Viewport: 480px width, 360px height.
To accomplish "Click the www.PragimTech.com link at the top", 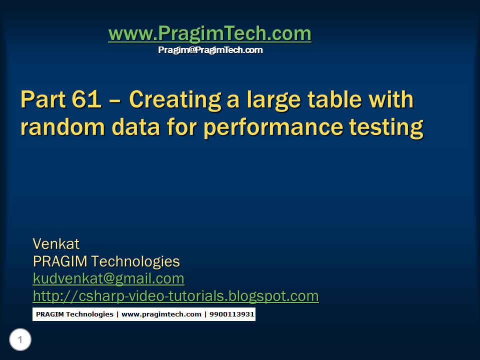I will point(209,33).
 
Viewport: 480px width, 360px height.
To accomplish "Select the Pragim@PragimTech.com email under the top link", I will point(210,50).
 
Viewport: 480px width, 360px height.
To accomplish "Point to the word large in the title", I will point(270,100).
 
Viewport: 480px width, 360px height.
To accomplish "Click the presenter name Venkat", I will point(56,244).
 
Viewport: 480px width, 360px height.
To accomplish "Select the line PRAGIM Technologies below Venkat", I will point(106,261).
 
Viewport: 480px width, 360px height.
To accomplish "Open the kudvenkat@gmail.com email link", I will point(108,278).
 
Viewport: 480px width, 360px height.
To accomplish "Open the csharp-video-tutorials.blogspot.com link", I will point(175,296).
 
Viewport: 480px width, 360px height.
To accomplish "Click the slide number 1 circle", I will point(20,340).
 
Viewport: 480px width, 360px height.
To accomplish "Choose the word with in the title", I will point(393,99).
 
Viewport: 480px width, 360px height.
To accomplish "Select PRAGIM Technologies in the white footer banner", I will point(74,314).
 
